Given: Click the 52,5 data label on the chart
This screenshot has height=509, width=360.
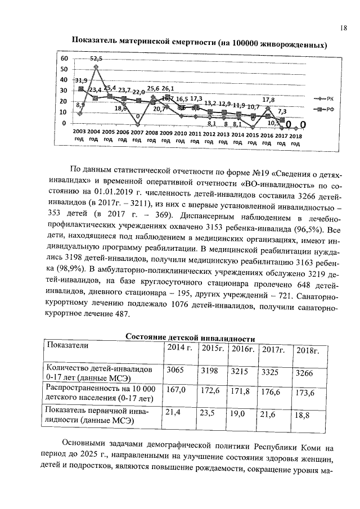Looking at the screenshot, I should [x=96, y=58].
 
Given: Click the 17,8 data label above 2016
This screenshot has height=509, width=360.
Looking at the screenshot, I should [x=268, y=99].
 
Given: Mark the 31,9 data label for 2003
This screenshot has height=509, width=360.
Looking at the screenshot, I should [x=80, y=80].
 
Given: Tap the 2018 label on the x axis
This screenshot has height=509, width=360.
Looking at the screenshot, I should [x=295, y=135].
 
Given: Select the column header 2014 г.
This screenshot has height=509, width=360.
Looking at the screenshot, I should [x=179, y=348].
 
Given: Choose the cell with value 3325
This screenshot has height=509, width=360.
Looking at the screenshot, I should [x=272, y=371].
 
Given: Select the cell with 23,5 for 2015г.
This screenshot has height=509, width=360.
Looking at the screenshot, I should [x=208, y=413].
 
